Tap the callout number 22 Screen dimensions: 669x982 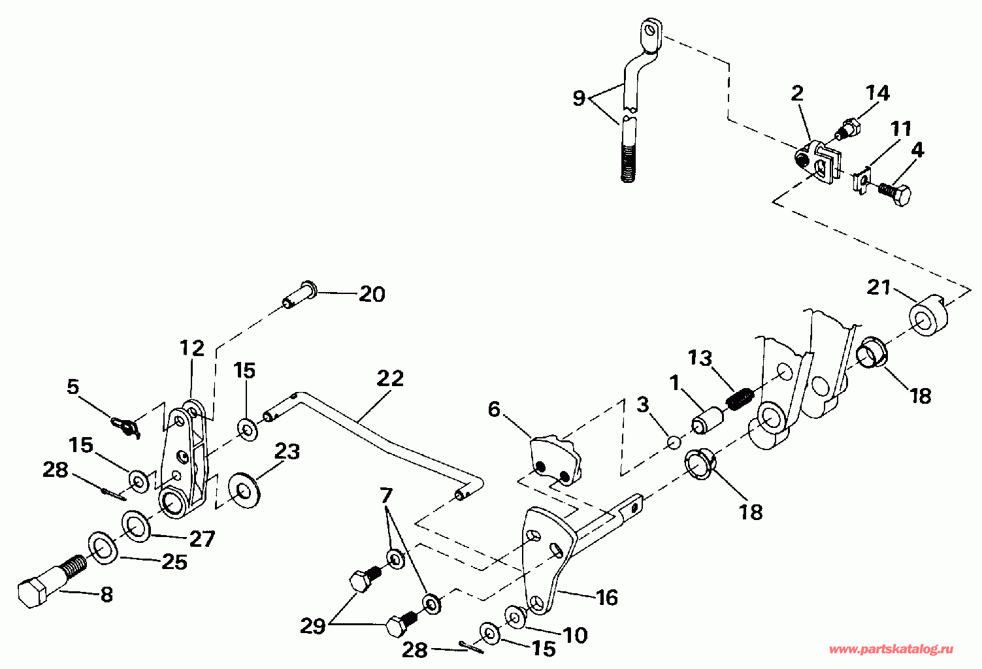click(390, 379)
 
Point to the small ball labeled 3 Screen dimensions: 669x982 click(674, 444)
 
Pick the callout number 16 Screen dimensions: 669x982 click(607, 597)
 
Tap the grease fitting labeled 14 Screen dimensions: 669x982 click(848, 128)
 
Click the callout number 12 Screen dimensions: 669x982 click(192, 348)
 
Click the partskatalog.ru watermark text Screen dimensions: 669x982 click(891, 649)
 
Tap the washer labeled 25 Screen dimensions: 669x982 click(103, 547)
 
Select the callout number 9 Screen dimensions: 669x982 click(578, 99)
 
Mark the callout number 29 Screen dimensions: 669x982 click(312, 626)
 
